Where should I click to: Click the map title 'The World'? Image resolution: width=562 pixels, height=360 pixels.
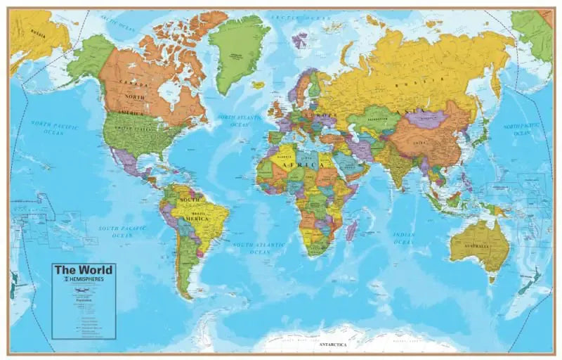point(84,270)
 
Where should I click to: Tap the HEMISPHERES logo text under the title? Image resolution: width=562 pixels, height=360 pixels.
point(86,279)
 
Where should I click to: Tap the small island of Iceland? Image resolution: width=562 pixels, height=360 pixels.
point(259,85)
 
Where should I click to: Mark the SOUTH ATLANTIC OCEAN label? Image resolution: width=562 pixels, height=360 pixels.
point(261,247)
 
